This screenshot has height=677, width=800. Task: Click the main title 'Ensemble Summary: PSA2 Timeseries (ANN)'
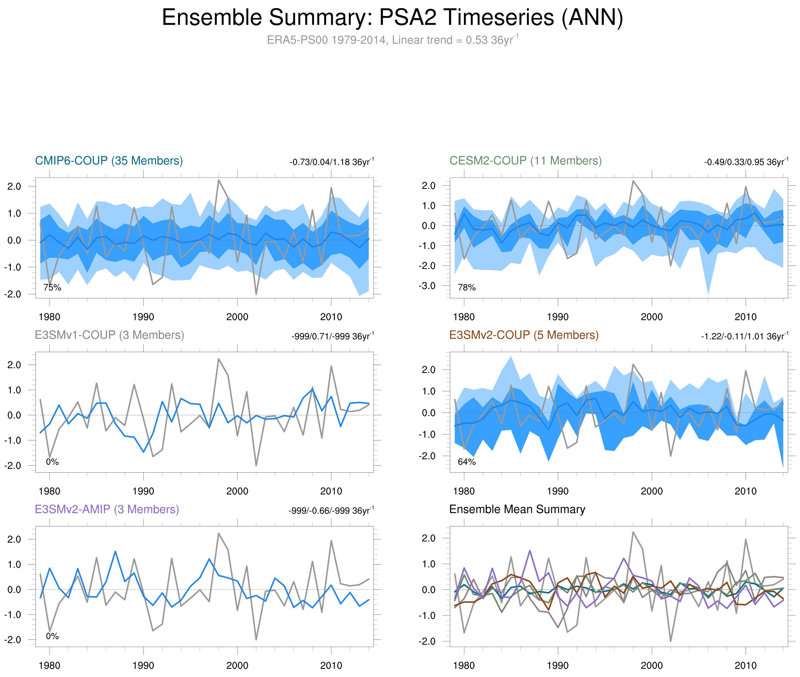[392, 18]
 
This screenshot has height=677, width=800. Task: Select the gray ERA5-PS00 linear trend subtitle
[392, 40]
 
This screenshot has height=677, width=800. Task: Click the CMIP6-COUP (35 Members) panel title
[109, 161]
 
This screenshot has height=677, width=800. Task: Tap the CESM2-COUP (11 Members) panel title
[525, 161]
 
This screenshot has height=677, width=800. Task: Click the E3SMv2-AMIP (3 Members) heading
[107, 509]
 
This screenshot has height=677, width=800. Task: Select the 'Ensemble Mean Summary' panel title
[517, 509]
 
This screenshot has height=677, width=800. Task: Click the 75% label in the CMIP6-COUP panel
[52, 287]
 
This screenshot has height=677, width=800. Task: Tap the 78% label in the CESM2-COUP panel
[467, 287]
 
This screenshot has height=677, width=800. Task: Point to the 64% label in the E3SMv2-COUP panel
[467, 462]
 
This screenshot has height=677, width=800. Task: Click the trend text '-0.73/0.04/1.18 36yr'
[331, 162]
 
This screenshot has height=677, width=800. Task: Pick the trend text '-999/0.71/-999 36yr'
[333, 337]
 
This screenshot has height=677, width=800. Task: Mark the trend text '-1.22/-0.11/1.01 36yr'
[744, 337]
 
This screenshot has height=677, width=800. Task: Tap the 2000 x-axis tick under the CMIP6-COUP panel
[237, 317]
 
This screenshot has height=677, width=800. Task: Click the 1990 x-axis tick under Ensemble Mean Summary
[558, 665]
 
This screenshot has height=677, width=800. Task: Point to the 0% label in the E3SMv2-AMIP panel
[52, 636]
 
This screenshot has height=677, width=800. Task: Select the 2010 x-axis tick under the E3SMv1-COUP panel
[331, 491]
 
